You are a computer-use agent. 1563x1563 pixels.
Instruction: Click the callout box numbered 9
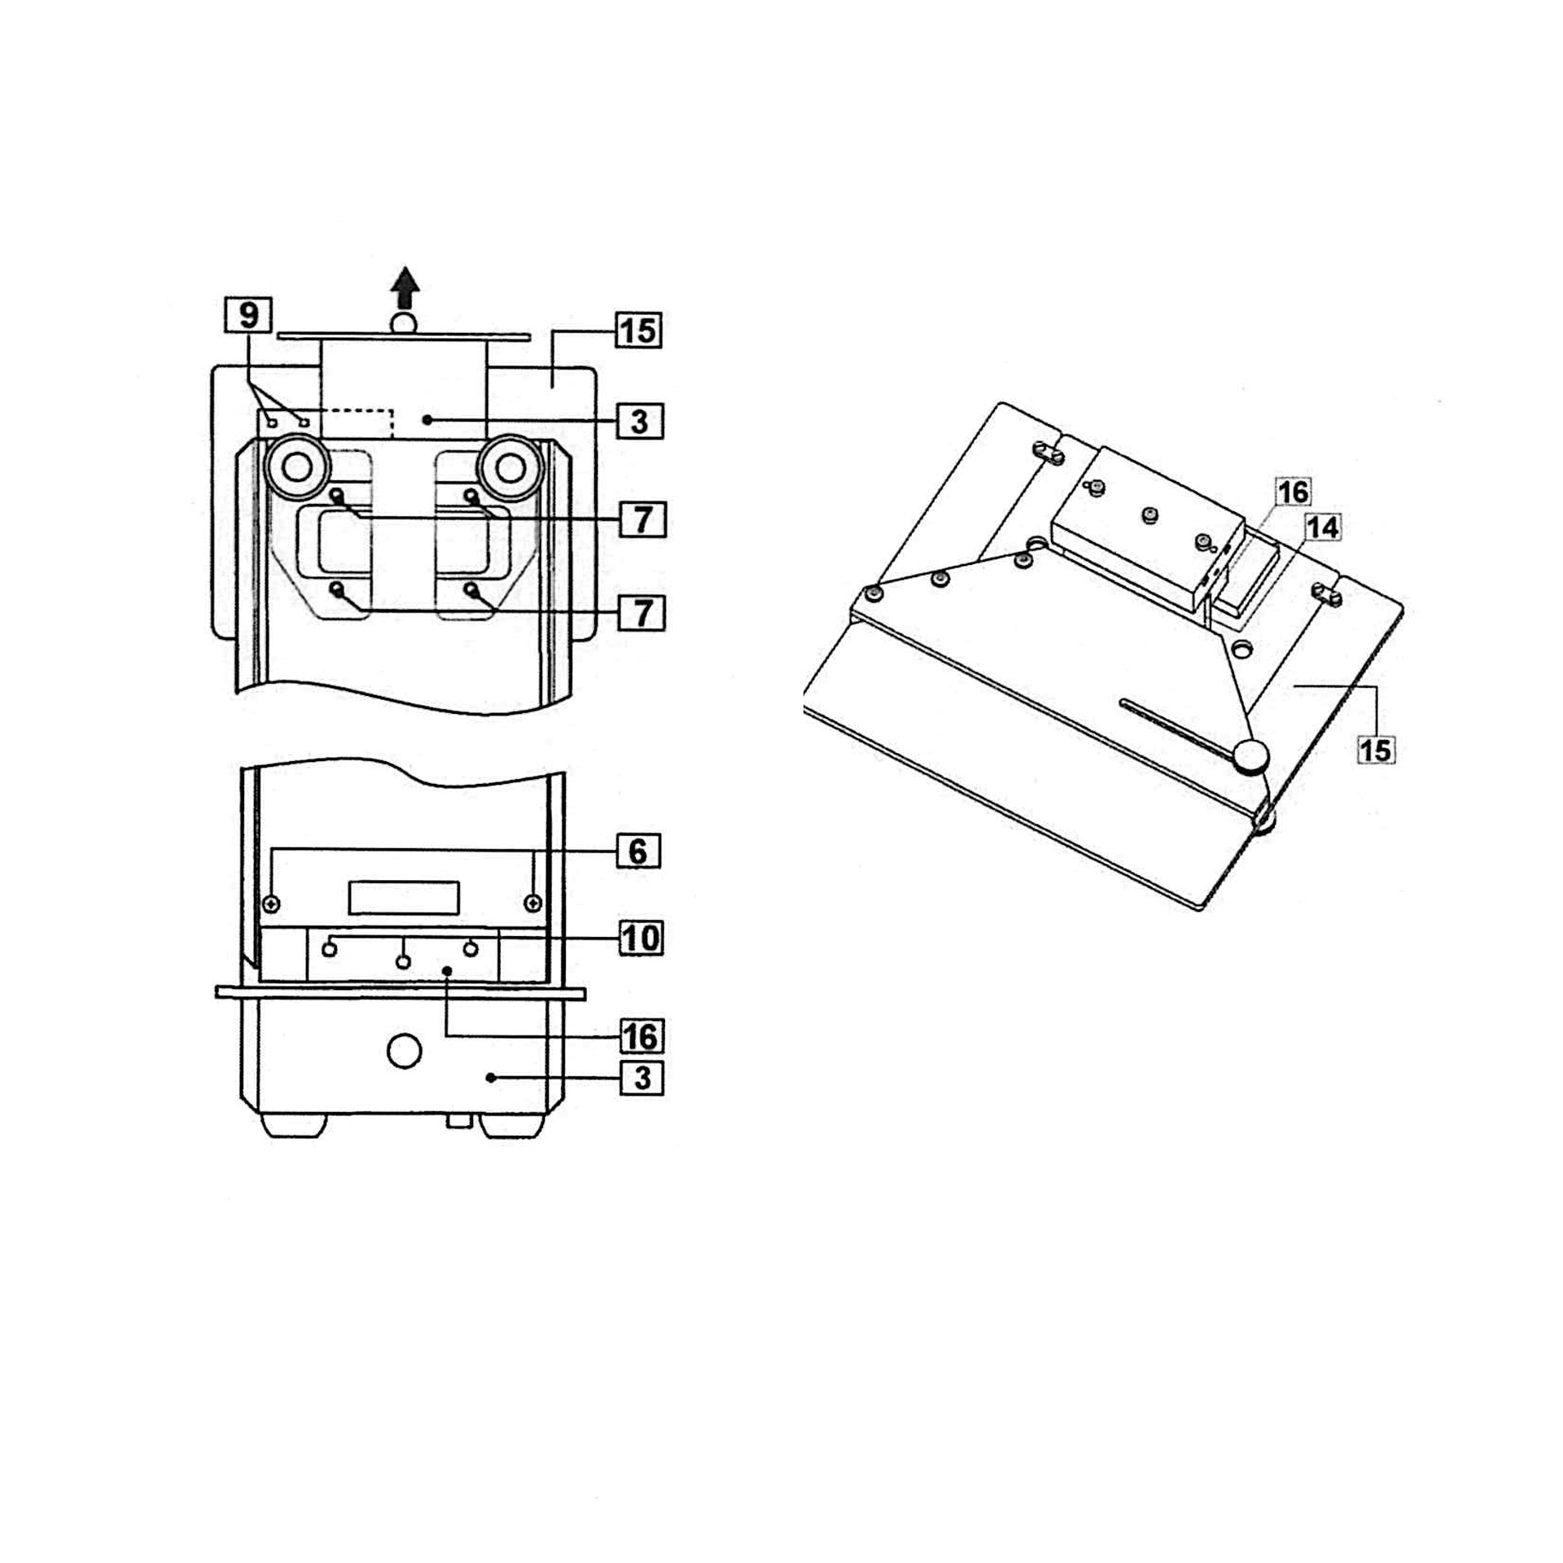(x=249, y=315)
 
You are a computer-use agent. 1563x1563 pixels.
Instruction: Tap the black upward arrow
(x=405, y=288)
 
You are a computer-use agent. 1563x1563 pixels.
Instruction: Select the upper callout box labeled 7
(x=642, y=519)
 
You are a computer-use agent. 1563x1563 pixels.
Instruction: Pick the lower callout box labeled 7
(x=642, y=612)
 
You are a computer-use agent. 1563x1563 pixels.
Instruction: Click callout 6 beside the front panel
(x=637, y=852)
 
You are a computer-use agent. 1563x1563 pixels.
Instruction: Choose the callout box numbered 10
(x=641, y=938)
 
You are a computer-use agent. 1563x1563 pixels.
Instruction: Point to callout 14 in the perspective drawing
(x=1321, y=528)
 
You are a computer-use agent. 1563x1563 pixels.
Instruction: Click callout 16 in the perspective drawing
(x=1293, y=492)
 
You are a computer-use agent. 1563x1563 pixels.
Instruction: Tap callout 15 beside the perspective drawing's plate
(x=1376, y=749)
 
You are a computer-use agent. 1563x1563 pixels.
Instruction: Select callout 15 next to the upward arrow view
(x=638, y=331)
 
